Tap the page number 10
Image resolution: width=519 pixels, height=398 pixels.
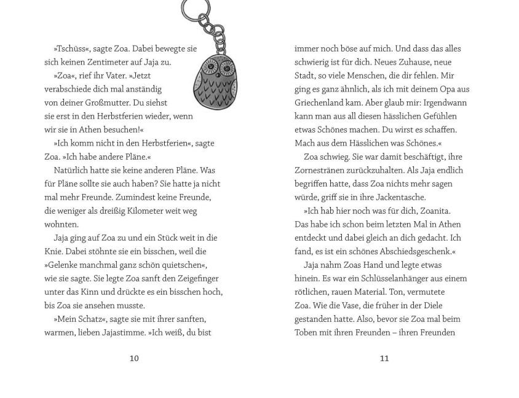pyautogui.click(x=134, y=359)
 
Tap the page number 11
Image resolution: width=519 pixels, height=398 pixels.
pyautogui.click(x=384, y=359)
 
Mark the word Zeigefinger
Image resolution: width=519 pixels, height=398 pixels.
pyautogui.click(x=197, y=278)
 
